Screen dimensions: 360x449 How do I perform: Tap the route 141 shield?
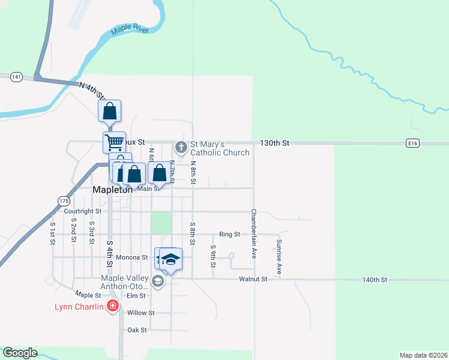16,77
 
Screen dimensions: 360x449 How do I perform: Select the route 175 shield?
64,200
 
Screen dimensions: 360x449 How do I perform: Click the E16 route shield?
411,143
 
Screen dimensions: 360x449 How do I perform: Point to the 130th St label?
274,143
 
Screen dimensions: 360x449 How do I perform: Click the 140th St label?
375,280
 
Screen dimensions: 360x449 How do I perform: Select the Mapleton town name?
112,189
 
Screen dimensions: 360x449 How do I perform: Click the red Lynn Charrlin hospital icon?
112,307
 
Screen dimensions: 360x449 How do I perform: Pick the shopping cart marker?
114,142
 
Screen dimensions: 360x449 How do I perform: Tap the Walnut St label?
253,280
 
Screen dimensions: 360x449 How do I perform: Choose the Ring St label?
229,235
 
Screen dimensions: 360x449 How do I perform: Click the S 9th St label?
212,256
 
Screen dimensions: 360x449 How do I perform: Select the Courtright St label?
83,211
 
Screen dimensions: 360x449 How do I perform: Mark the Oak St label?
137,330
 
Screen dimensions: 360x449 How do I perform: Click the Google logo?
20,353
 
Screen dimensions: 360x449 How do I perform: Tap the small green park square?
161,223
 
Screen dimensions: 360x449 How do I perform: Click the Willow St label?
142,313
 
